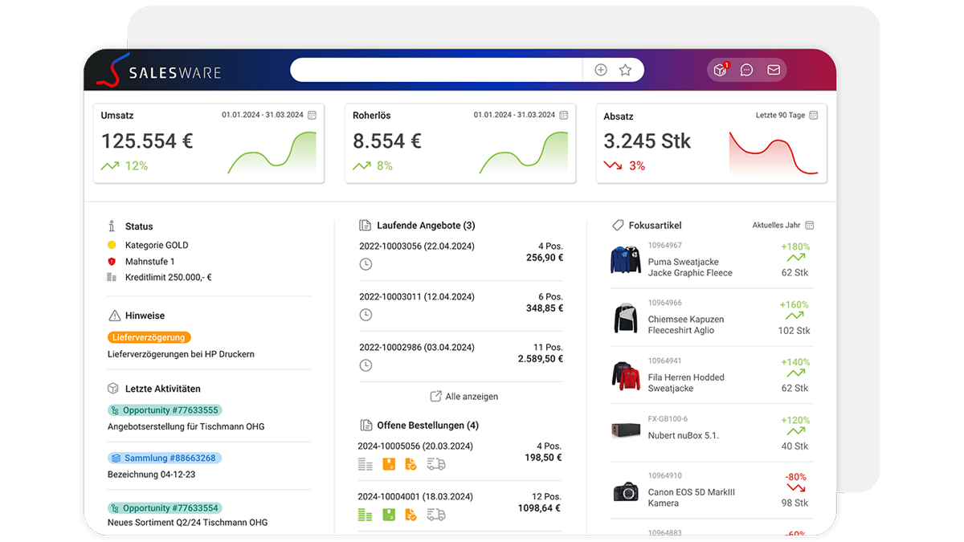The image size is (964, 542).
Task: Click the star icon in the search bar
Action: pyautogui.click(x=625, y=70)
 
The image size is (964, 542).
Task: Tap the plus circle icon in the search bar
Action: pyautogui.click(x=601, y=70)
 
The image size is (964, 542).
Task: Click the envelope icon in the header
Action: pyautogui.click(x=774, y=70)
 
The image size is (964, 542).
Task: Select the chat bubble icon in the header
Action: pyautogui.click(x=746, y=70)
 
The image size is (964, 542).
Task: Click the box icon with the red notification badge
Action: pyautogui.click(x=721, y=69)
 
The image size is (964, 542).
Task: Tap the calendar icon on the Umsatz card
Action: pyautogui.click(x=312, y=115)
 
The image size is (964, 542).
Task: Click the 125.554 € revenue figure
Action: pyautogui.click(x=147, y=141)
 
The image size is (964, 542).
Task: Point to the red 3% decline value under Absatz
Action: pyautogui.click(x=637, y=165)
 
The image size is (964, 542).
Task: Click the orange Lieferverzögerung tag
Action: pyautogui.click(x=149, y=337)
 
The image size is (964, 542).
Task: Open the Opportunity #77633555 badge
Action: pyautogui.click(x=165, y=410)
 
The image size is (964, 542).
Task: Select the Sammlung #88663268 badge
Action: pyautogui.click(x=165, y=458)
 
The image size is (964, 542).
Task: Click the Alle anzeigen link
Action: pyautogui.click(x=464, y=396)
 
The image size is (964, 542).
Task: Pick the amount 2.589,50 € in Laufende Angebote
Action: pyautogui.click(x=541, y=359)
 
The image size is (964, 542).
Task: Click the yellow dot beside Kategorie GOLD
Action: pyautogui.click(x=112, y=245)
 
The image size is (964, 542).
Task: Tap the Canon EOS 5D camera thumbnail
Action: pyautogui.click(x=626, y=491)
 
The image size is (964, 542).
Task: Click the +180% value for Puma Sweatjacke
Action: pyautogui.click(x=795, y=247)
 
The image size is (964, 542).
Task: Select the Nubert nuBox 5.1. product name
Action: pyautogui.click(x=684, y=435)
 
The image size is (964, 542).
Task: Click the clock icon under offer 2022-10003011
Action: pyautogui.click(x=366, y=315)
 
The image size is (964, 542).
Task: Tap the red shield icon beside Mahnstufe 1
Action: pyautogui.click(x=112, y=261)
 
